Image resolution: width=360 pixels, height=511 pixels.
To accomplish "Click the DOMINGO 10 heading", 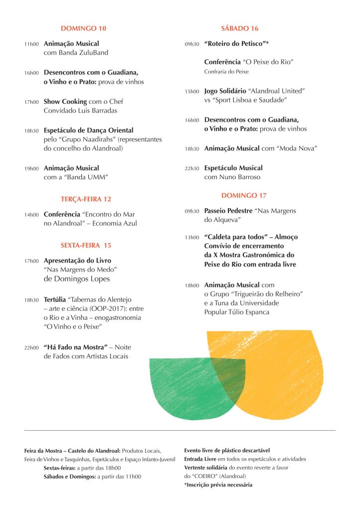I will pyautogui.click(x=83, y=28).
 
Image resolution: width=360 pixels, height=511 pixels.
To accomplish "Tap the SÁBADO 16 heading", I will pyautogui.click(x=239, y=28).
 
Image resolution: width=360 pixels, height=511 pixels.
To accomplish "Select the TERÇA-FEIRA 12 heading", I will pyautogui.click(x=86, y=199).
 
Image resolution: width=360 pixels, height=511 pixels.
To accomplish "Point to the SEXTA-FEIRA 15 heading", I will pyautogui.click(x=86, y=245).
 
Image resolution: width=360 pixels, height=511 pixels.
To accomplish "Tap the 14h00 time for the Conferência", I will pyautogui.click(x=31, y=215).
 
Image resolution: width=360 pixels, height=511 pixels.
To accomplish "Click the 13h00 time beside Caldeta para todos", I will pyautogui.click(x=191, y=238).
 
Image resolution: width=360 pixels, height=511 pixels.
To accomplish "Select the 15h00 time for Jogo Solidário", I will pyautogui.click(x=191, y=92).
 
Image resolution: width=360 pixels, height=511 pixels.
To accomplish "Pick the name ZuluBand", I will pyautogui.click(x=90, y=52).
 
